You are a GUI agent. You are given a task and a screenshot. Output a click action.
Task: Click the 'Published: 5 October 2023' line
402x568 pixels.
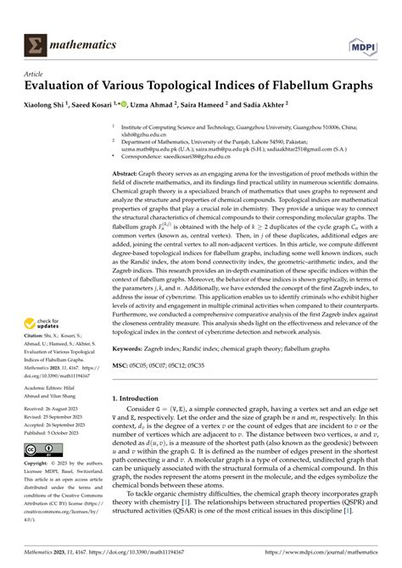pyautogui.click(x=64, y=430)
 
